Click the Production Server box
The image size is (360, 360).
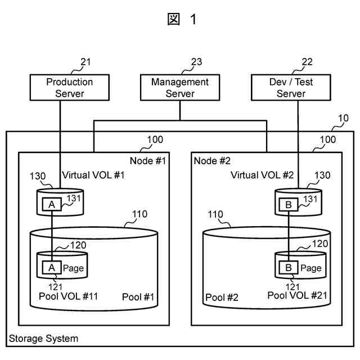69,88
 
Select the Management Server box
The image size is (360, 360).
179,88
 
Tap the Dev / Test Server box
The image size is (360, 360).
291,88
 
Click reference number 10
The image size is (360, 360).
343,118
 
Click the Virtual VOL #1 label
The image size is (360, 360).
93,175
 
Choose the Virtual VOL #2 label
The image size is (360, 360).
262,175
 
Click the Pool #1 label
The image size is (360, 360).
138,297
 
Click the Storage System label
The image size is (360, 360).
43,339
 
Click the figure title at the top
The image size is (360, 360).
182,19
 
